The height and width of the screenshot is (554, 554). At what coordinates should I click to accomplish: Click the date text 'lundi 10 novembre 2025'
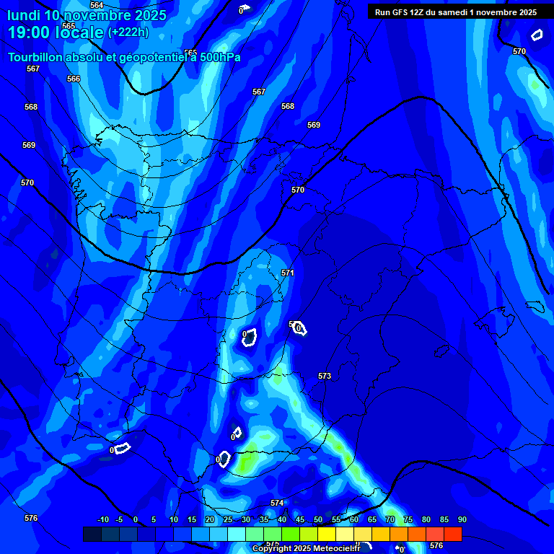click(x=87, y=15)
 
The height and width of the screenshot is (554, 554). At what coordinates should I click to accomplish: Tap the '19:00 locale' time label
click(x=56, y=32)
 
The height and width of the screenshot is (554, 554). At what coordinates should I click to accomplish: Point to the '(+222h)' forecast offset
click(x=128, y=32)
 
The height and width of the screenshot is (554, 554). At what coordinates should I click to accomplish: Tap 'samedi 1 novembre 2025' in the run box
click(x=490, y=12)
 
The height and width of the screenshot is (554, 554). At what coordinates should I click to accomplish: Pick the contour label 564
click(x=97, y=5)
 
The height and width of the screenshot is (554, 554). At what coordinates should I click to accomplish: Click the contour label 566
click(x=74, y=79)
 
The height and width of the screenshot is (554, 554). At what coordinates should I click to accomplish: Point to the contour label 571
click(x=288, y=273)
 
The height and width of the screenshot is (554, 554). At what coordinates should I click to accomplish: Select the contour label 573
click(x=325, y=376)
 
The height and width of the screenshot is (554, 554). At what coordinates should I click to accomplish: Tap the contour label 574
click(x=277, y=503)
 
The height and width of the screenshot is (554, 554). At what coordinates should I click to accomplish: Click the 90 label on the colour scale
click(x=462, y=519)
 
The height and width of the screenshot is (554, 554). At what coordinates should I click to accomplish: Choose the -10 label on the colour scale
click(x=102, y=519)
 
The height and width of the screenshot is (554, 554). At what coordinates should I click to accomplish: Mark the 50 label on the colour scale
click(x=318, y=519)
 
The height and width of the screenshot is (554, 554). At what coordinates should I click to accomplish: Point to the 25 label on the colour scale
click(x=228, y=519)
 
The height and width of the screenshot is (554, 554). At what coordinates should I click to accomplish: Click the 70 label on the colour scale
click(x=390, y=519)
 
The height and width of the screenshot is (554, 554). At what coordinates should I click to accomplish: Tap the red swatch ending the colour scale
click(x=453, y=534)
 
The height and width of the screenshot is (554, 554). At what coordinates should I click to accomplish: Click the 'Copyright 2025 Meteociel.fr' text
click(x=306, y=548)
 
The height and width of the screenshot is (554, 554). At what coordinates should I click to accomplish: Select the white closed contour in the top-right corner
click(x=537, y=35)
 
